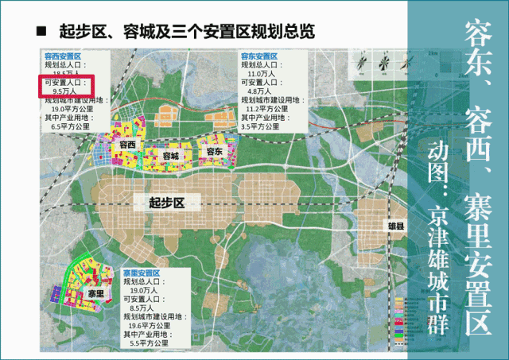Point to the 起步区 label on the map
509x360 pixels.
click(166, 203)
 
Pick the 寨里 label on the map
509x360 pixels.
click(96, 293)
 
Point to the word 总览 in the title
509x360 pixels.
click(299, 33)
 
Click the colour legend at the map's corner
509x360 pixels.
click(405, 317)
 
